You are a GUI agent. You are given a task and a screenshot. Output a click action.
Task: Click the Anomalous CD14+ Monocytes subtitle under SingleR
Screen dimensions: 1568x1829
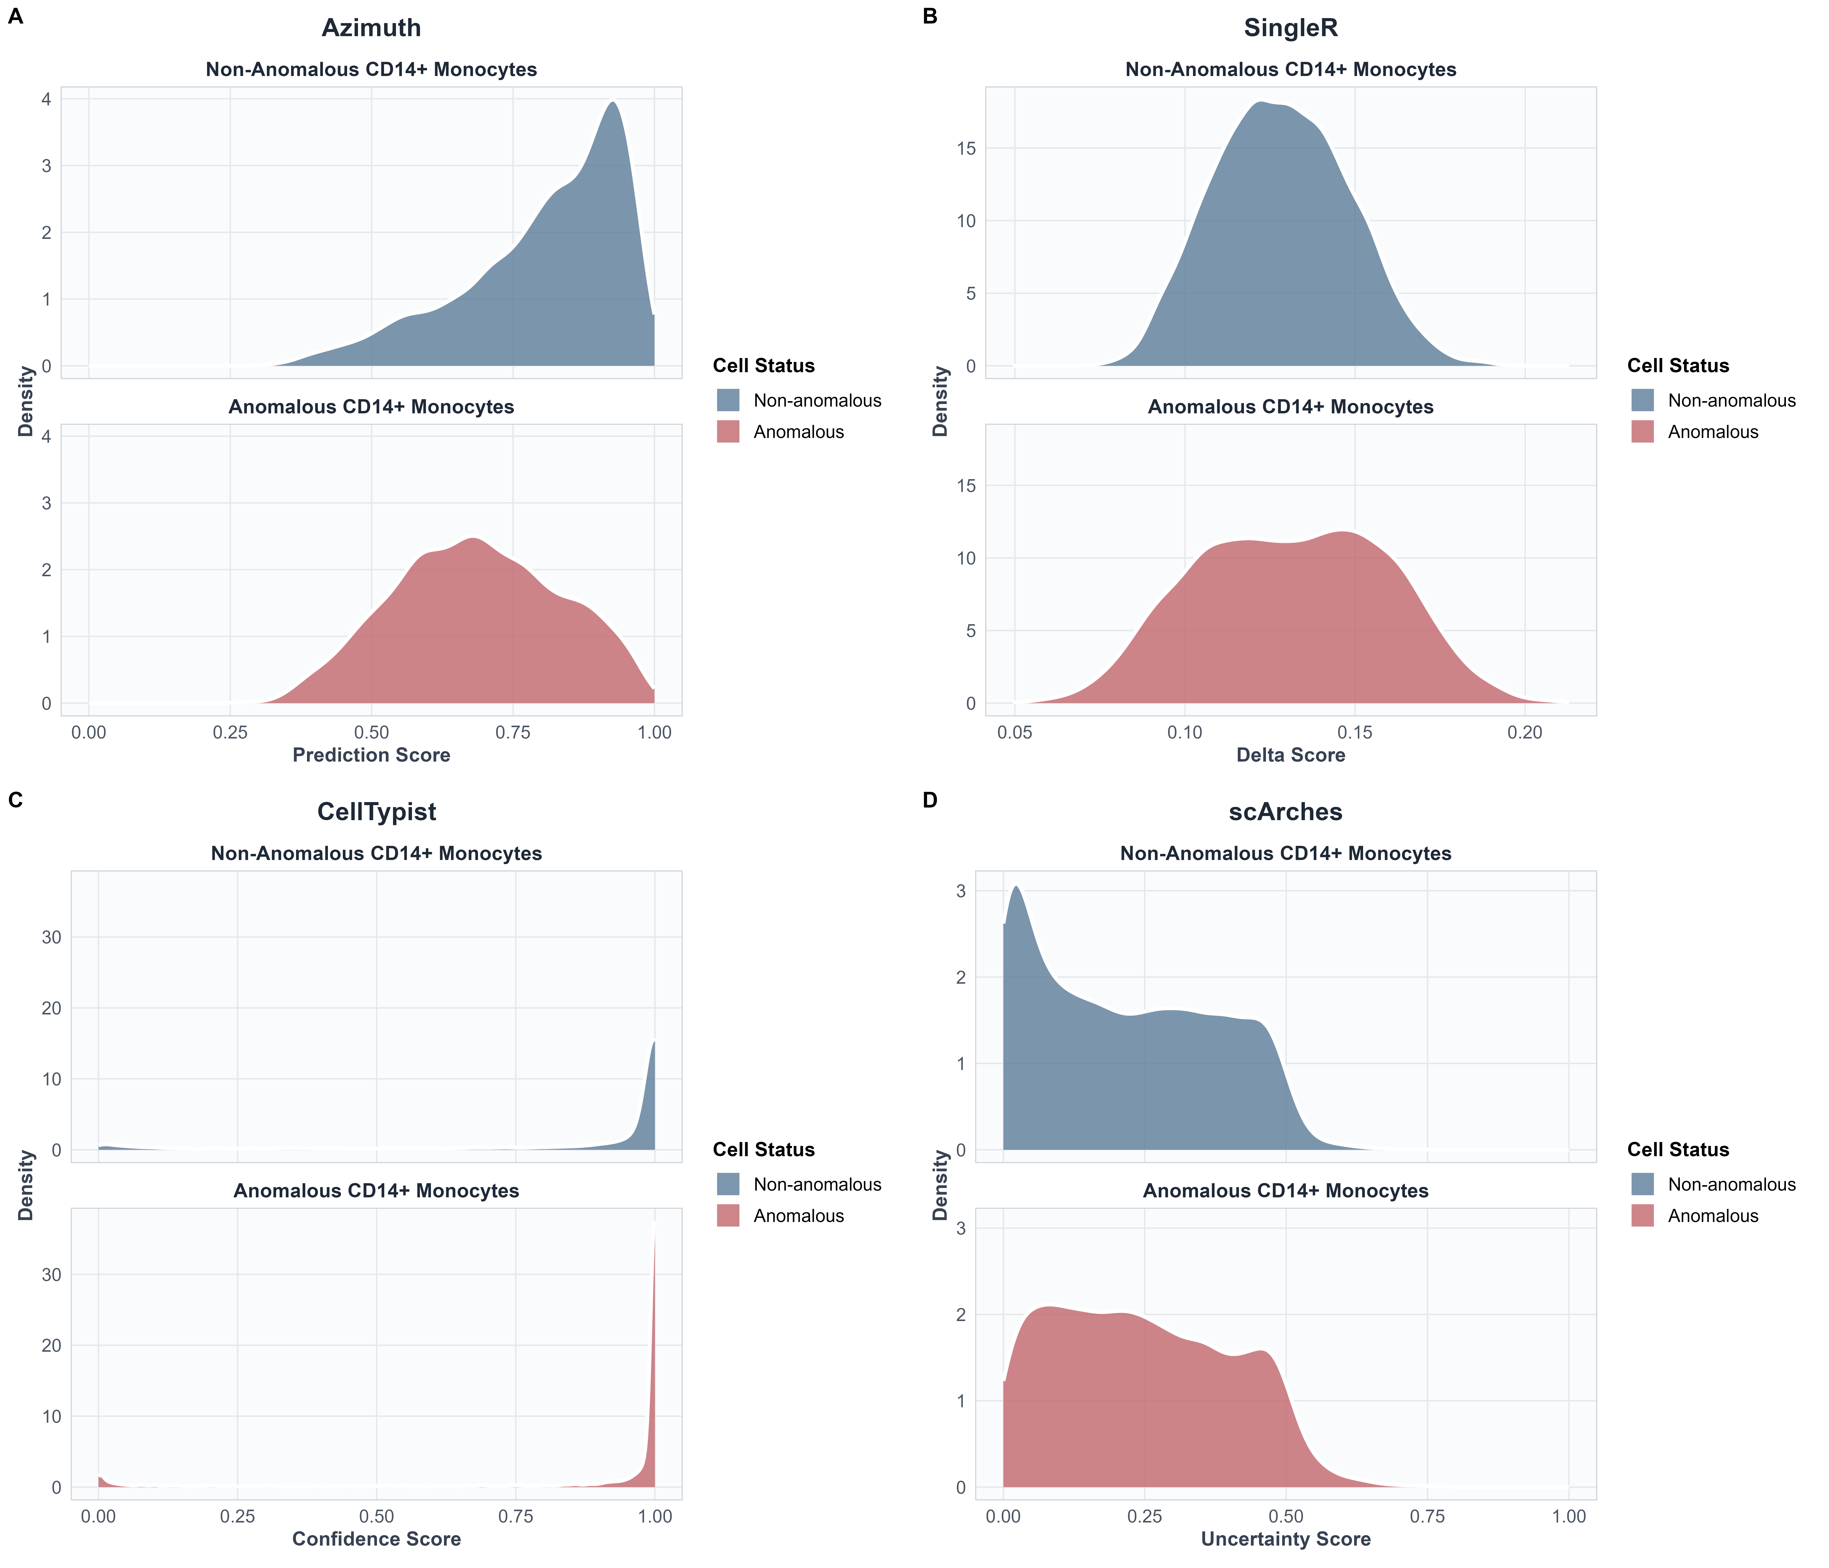click(x=1291, y=407)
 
